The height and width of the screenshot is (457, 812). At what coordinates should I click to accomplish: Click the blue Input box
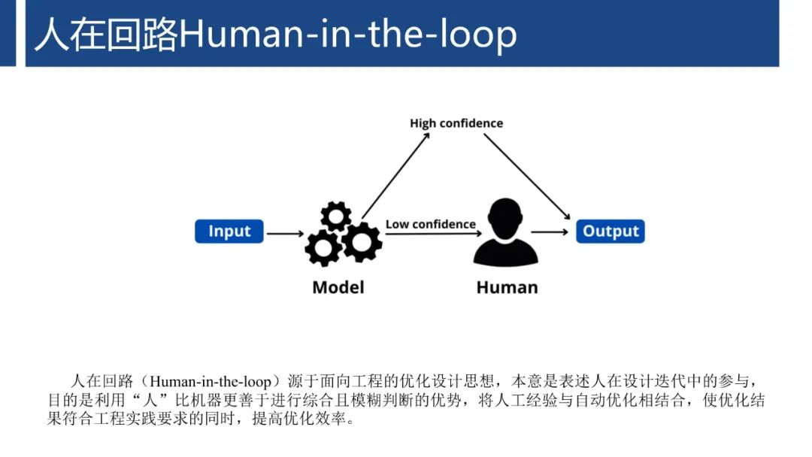tap(229, 232)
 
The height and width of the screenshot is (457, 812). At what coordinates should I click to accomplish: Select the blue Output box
tap(611, 232)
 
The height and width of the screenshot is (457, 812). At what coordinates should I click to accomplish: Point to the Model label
tap(338, 287)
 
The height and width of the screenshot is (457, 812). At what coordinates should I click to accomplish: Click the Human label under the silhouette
tap(507, 287)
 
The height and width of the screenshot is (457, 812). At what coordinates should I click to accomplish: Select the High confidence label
tap(456, 123)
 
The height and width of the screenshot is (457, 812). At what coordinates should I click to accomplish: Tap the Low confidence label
tap(431, 224)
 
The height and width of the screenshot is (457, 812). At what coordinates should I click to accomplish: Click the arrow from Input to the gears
tap(285, 234)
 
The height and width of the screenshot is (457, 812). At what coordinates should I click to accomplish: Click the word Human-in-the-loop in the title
tap(348, 35)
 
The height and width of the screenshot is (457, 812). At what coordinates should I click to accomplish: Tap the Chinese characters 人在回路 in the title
tap(106, 35)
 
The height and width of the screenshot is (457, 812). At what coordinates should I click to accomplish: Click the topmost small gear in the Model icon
tap(336, 216)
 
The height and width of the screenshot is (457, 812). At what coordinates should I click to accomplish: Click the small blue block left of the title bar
tap(8, 33)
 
